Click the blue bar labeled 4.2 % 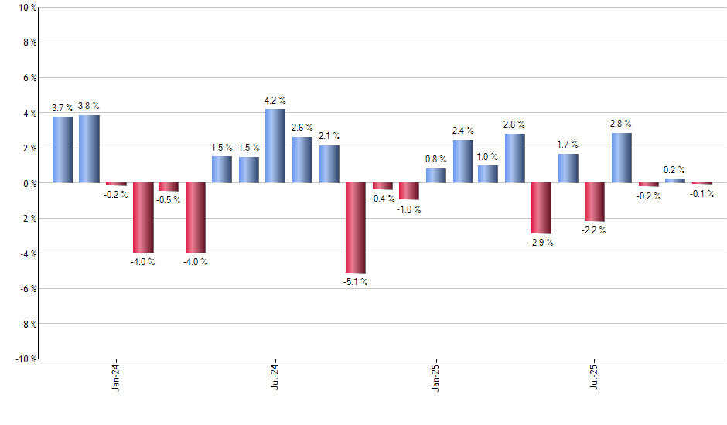(275, 146)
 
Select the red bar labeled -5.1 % (355, 228)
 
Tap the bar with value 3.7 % (63, 150)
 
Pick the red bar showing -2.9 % (541, 208)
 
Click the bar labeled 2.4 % (462, 161)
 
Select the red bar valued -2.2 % (594, 202)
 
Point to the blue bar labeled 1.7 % (568, 168)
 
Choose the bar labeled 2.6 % (302, 160)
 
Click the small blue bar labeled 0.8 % (435, 175)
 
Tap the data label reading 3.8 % (90, 106)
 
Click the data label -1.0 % (409, 210)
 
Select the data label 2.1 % (329, 136)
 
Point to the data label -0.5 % (169, 201)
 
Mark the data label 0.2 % (674, 170)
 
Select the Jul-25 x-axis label (594, 377)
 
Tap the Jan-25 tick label (435, 377)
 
